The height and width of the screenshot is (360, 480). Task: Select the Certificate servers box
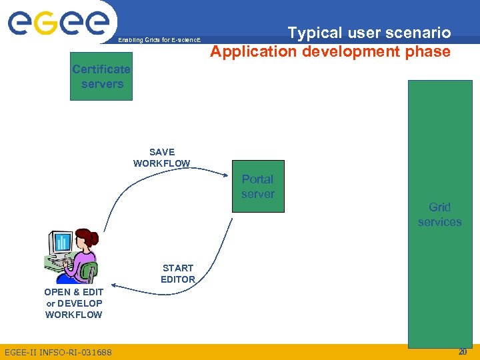tap(101, 77)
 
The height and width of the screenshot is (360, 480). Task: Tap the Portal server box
tap(258, 186)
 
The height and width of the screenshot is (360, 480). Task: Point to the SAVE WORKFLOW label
tap(162, 157)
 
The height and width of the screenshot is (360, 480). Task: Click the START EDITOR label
tap(178, 273)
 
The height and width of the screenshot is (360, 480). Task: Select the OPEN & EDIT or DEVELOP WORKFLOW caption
tap(73, 303)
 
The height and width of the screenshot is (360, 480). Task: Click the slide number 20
tap(463, 351)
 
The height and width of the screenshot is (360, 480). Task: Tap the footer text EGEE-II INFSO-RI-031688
tap(58, 352)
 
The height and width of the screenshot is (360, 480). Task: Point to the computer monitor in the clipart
tap(62, 244)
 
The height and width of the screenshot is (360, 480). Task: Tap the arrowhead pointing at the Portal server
tap(226, 175)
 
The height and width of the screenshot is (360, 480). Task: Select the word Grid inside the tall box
tap(440, 207)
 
